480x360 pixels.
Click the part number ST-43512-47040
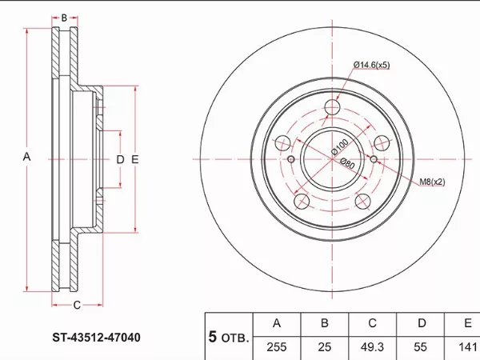(91, 338)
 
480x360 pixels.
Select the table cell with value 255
(276, 346)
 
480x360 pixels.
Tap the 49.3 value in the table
(373, 346)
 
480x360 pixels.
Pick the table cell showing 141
(466, 346)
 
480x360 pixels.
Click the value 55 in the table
(422, 346)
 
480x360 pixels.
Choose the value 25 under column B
(325, 346)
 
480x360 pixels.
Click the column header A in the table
(276, 324)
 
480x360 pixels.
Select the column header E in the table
(466, 324)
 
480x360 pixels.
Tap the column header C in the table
(373, 324)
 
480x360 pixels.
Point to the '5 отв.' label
(228, 336)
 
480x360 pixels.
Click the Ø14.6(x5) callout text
(370, 65)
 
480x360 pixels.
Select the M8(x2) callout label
(432, 182)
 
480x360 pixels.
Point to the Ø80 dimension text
(347, 165)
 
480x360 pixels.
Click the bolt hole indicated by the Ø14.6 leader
(334, 110)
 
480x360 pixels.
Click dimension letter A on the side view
(26, 158)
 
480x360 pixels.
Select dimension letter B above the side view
(64, 17)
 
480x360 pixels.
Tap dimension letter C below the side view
(77, 306)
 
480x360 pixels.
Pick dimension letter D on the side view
(120, 160)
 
